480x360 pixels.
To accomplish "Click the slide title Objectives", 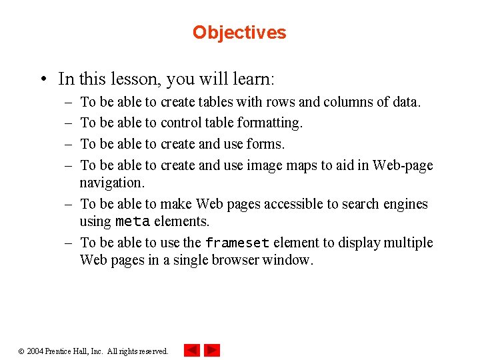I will pyautogui.click(x=239, y=33).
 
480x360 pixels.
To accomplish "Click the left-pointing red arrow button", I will pyautogui.click(x=192, y=350).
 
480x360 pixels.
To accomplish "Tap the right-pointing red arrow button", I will pyautogui.click(x=212, y=350).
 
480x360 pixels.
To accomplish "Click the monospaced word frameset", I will pyautogui.click(x=237, y=243).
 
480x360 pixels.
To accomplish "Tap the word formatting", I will pyautogui.click(x=269, y=123).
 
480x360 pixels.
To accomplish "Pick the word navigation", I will pyautogui.click(x=111, y=183).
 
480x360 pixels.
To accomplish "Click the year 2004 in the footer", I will pyautogui.click(x=35, y=351).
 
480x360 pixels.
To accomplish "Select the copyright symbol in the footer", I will pyautogui.click(x=21, y=351).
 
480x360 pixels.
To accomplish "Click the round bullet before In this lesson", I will pyautogui.click(x=43, y=80).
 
